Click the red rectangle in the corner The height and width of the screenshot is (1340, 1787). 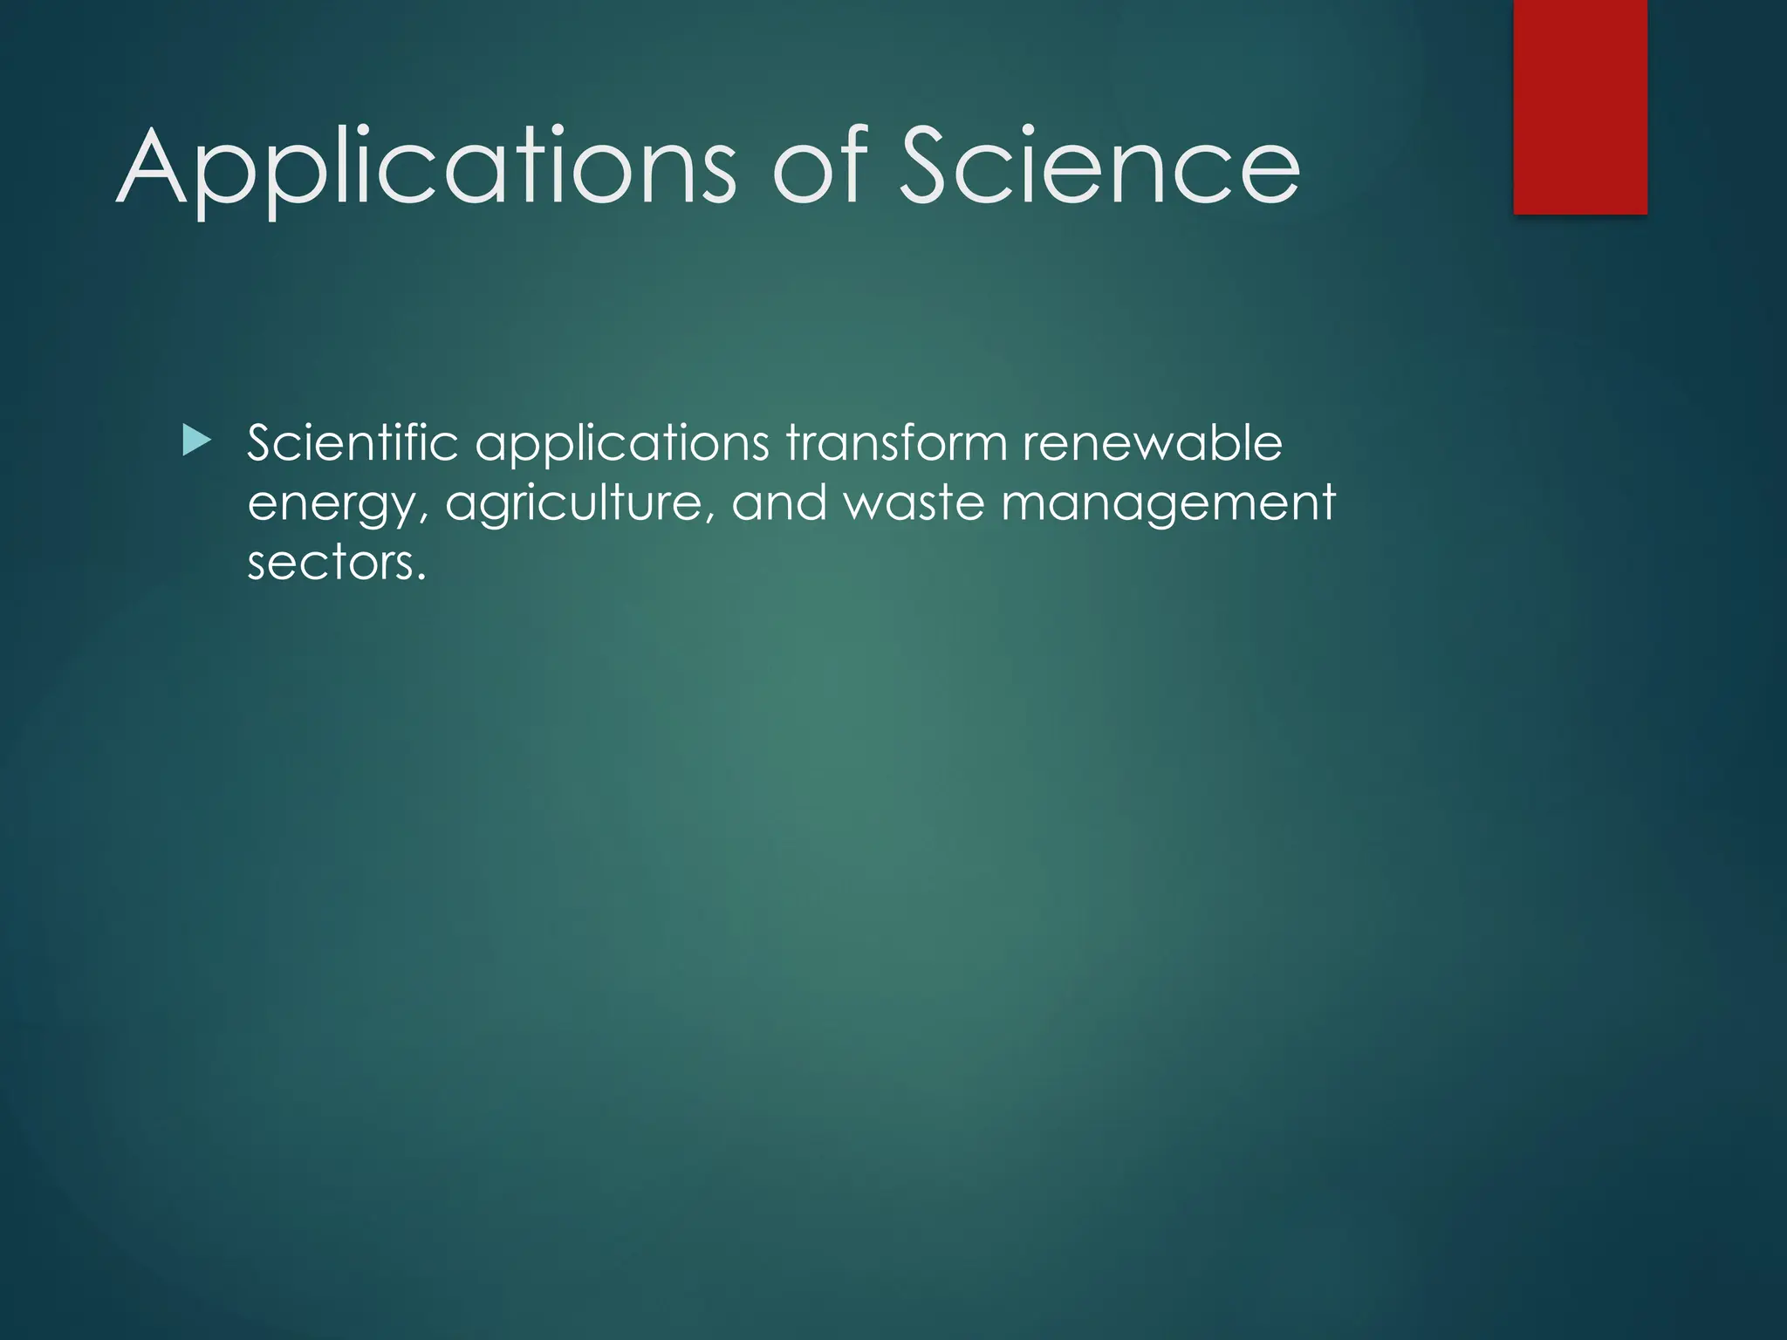point(1580,106)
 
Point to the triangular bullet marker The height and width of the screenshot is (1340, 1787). point(196,441)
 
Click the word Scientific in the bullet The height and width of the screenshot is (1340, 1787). point(353,443)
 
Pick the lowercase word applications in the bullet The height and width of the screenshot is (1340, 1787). point(621,445)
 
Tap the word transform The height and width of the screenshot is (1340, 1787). point(896,443)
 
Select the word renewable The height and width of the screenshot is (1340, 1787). point(1152,443)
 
